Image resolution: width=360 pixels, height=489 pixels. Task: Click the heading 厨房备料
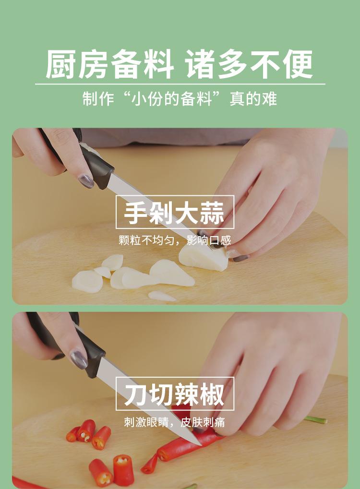pyautogui.click(x=109, y=64)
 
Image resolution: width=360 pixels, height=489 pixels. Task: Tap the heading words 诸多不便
pyautogui.click(x=250, y=64)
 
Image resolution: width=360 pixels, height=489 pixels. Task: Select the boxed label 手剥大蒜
pyautogui.click(x=175, y=212)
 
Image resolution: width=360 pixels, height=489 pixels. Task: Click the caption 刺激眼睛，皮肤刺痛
pyautogui.click(x=175, y=422)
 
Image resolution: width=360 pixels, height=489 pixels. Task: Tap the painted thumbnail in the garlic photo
pyautogui.click(x=86, y=181)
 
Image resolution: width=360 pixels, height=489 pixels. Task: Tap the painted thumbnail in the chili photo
pyautogui.click(x=79, y=359)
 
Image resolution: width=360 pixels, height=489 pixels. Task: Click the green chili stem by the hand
pyautogui.click(x=316, y=420)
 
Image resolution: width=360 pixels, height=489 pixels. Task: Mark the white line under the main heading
pyautogui.click(x=180, y=84)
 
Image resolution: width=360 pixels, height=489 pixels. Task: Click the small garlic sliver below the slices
pyautogui.click(x=161, y=296)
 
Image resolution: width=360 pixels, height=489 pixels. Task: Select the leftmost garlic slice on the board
pyautogui.click(x=87, y=282)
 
